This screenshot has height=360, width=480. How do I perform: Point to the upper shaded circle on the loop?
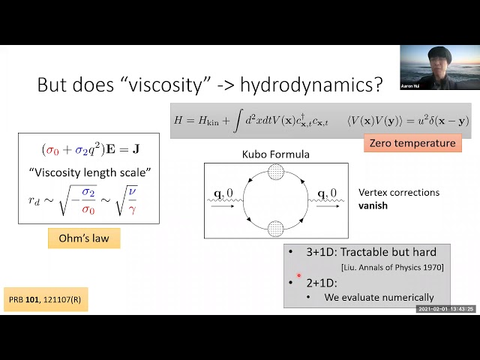pyautogui.click(x=277, y=175)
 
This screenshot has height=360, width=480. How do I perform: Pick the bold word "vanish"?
pyautogui.click(x=373, y=205)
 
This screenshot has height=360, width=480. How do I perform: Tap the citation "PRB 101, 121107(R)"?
pyautogui.click(x=45, y=298)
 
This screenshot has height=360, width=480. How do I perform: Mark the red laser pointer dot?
pyautogui.click(x=298, y=275)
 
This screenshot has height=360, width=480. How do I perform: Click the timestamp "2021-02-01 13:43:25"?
pyautogui.click(x=445, y=309)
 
